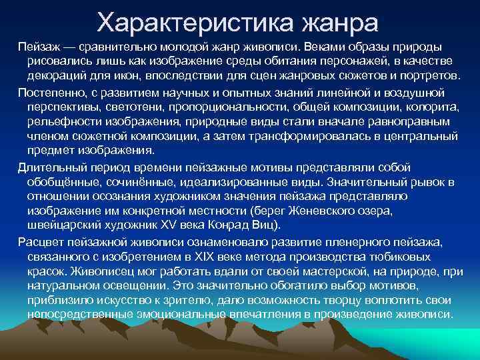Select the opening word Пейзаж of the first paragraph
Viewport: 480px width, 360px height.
[x=38, y=47]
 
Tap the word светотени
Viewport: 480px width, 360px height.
[x=136, y=107]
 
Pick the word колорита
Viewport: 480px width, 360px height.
[x=430, y=107]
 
